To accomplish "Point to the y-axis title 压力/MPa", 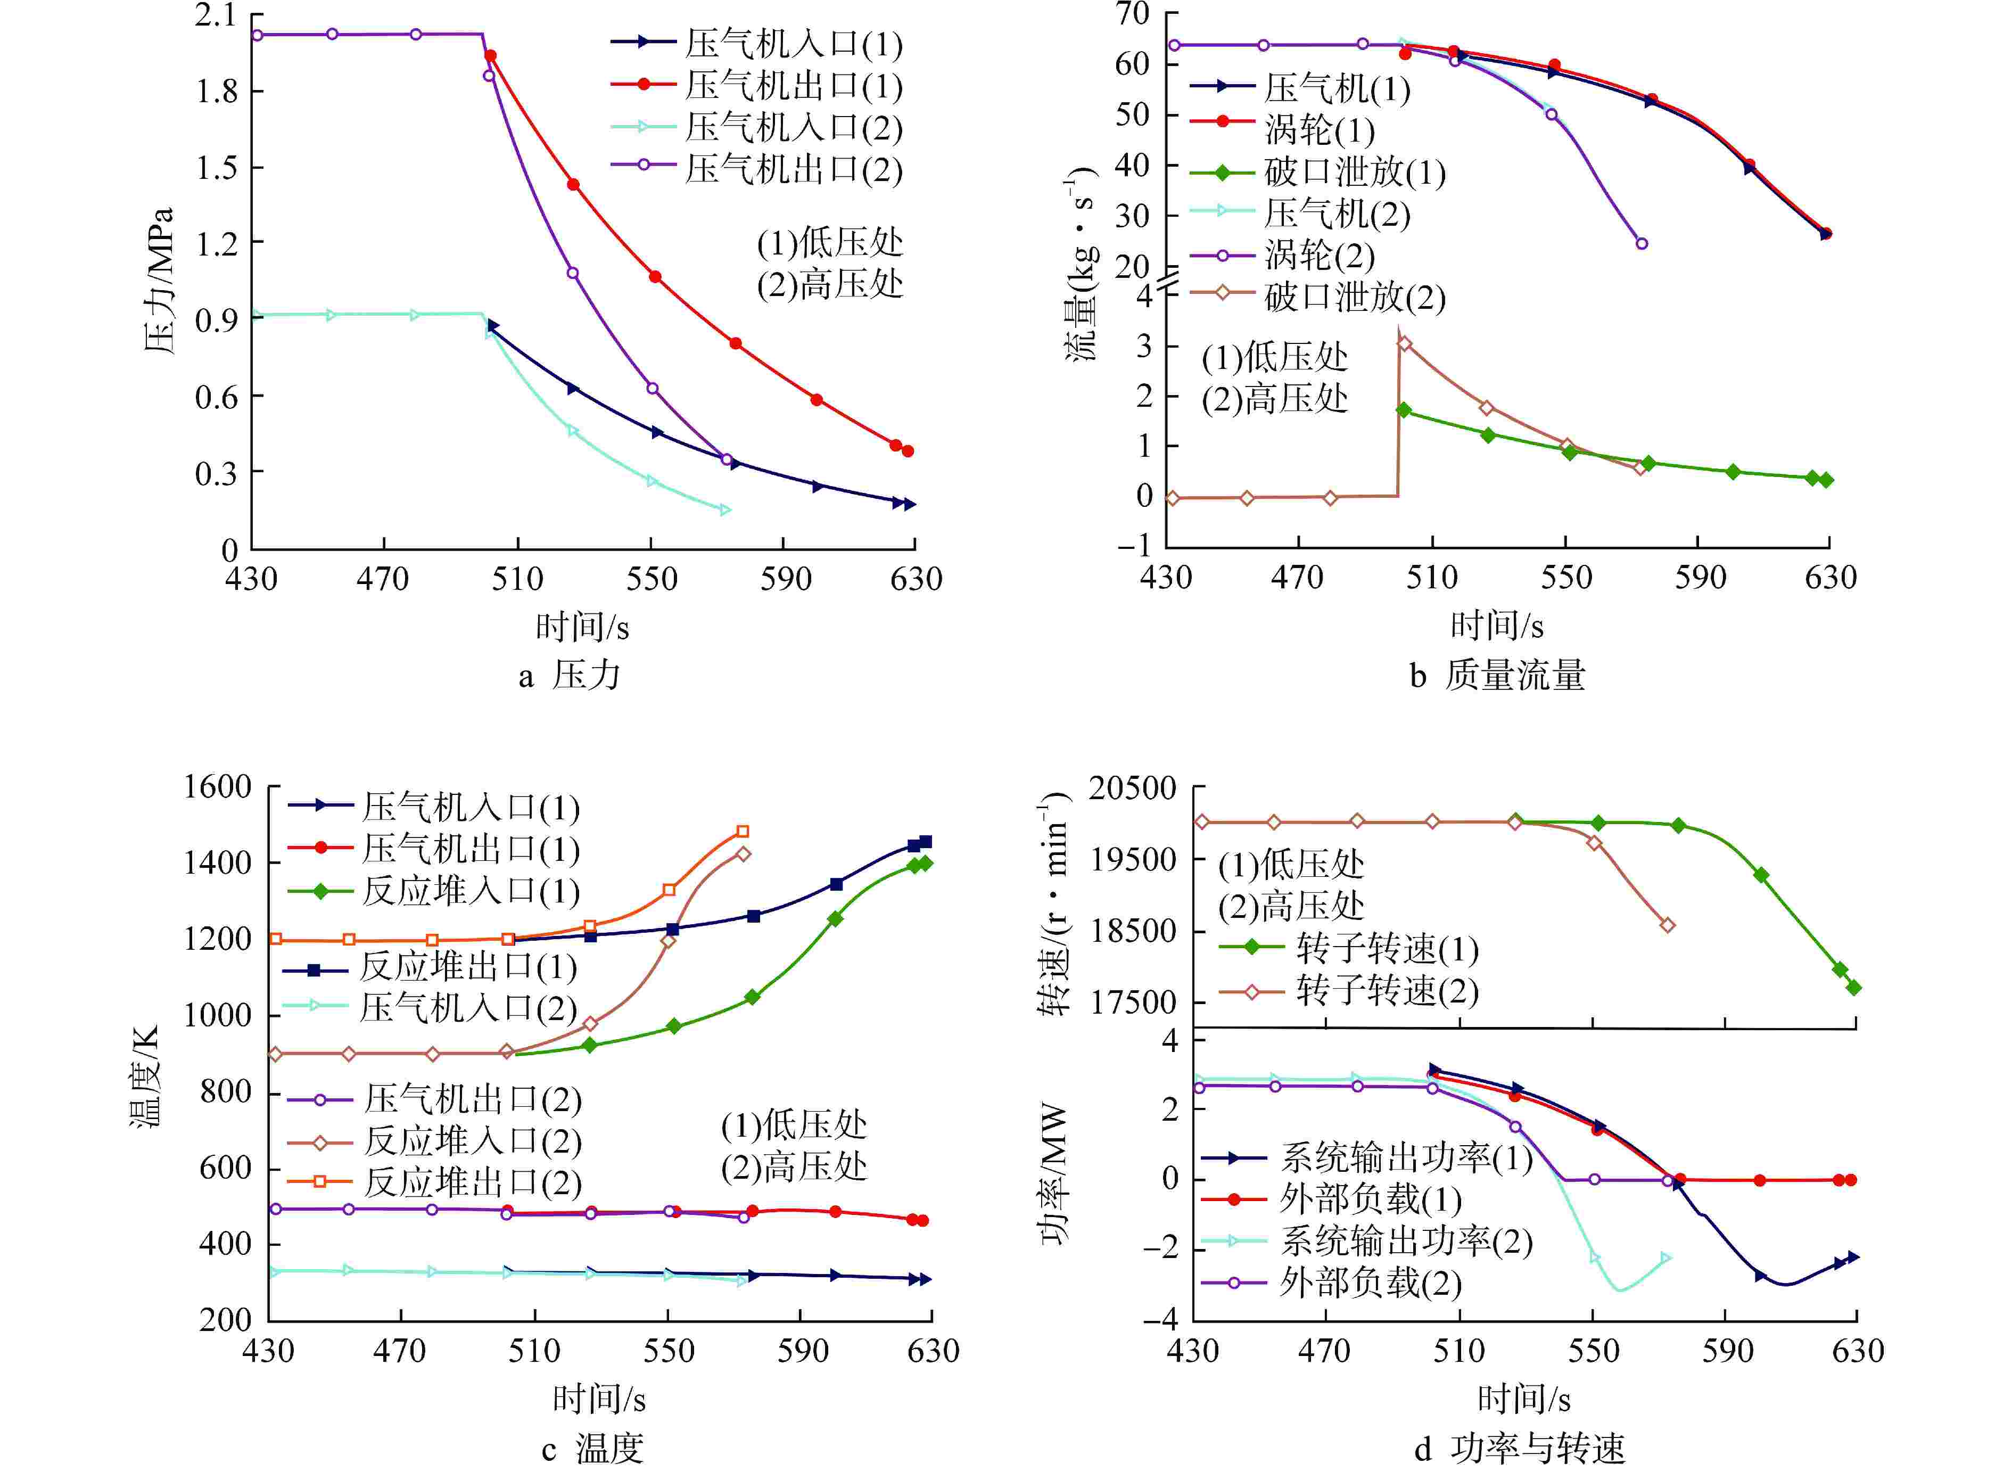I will click(159, 281).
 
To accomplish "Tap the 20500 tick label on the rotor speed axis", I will click(1133, 788).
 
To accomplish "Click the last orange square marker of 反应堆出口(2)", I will click(743, 832).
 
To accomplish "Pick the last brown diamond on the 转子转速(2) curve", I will click(1668, 925).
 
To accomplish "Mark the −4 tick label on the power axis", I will click(1159, 1319).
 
